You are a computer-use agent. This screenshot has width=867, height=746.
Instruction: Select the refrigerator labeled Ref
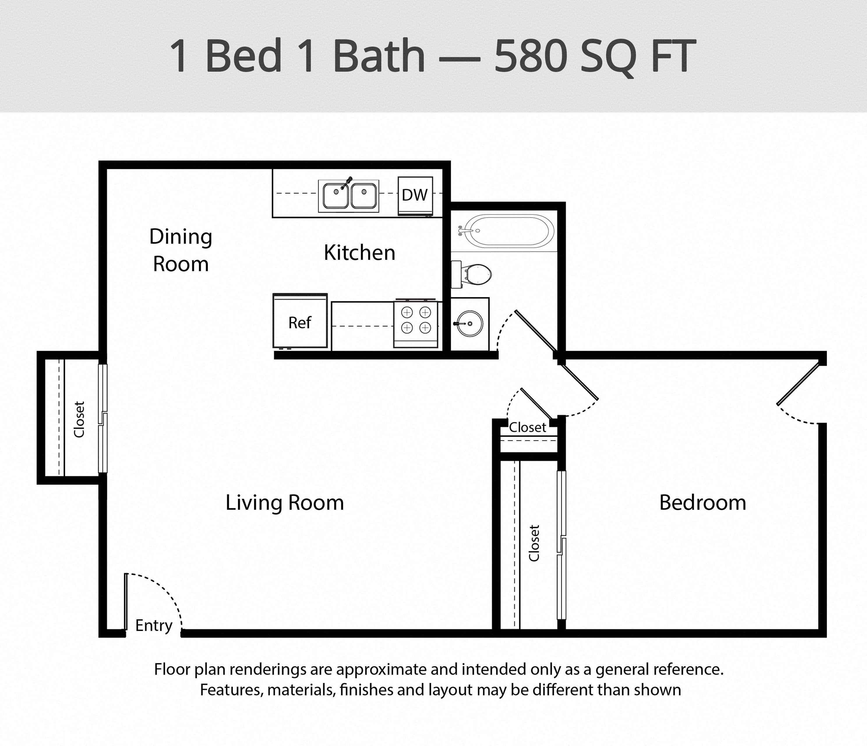coord(300,321)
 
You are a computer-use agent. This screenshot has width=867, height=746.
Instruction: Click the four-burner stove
coord(416,324)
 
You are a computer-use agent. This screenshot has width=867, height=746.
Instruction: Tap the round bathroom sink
coord(469,324)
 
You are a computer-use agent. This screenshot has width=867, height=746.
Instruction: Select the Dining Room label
coord(181,250)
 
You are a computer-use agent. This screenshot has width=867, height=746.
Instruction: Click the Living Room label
coord(285,502)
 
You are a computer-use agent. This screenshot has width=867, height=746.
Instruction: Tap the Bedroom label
coord(702,502)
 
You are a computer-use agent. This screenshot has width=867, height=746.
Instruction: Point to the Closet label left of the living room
coord(79,419)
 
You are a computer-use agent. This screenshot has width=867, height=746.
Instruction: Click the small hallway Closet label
coord(528,427)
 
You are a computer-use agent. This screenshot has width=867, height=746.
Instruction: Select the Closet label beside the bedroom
coord(534,543)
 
